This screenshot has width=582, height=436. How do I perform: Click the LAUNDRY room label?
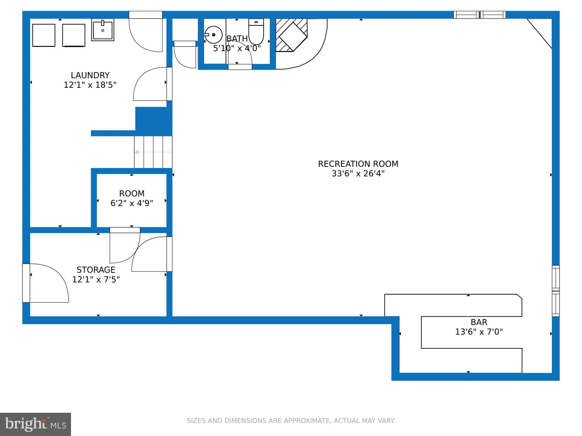(x=90, y=75)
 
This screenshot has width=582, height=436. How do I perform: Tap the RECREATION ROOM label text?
(x=358, y=164)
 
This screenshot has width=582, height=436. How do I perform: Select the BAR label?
(x=479, y=322)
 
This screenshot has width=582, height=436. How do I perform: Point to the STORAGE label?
(x=96, y=270)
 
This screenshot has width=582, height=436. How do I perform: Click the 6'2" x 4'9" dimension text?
(x=132, y=203)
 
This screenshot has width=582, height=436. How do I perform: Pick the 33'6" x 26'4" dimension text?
(x=358, y=174)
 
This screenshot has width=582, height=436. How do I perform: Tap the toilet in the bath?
(x=256, y=31)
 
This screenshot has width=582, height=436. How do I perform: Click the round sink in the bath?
(x=213, y=35)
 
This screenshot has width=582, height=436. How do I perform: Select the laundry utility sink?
(x=103, y=30)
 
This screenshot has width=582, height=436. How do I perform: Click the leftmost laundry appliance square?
(x=44, y=35)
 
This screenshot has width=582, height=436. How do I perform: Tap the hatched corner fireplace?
(x=291, y=35)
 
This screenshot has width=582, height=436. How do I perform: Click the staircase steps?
(x=153, y=152)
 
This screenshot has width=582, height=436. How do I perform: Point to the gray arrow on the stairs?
(x=153, y=152)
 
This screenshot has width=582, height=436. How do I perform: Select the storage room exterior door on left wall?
(x=26, y=283)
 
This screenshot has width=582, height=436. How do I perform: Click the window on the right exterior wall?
(x=556, y=291)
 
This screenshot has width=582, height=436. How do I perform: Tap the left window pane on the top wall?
(x=466, y=15)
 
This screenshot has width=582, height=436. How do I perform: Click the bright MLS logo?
(x=36, y=424)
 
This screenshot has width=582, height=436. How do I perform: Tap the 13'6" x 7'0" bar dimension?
(x=479, y=332)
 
